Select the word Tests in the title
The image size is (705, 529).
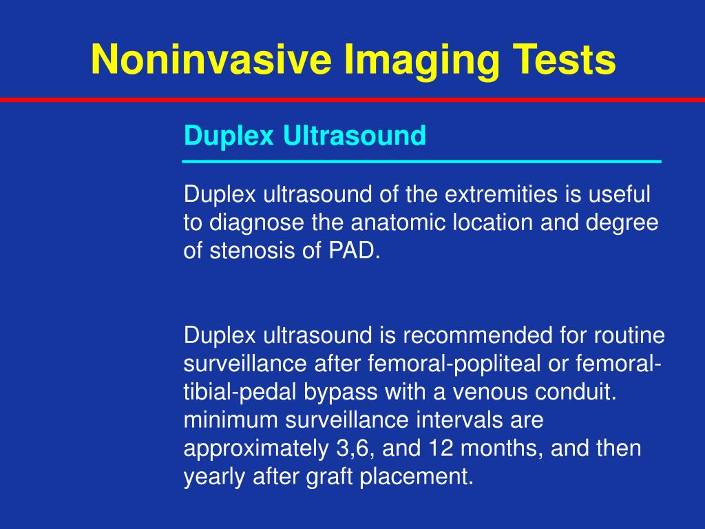(565, 59)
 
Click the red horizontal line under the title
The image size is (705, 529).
(352, 101)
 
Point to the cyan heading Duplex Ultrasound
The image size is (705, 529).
(305, 136)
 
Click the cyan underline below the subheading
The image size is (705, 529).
(421, 161)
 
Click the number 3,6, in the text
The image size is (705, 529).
(355, 449)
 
